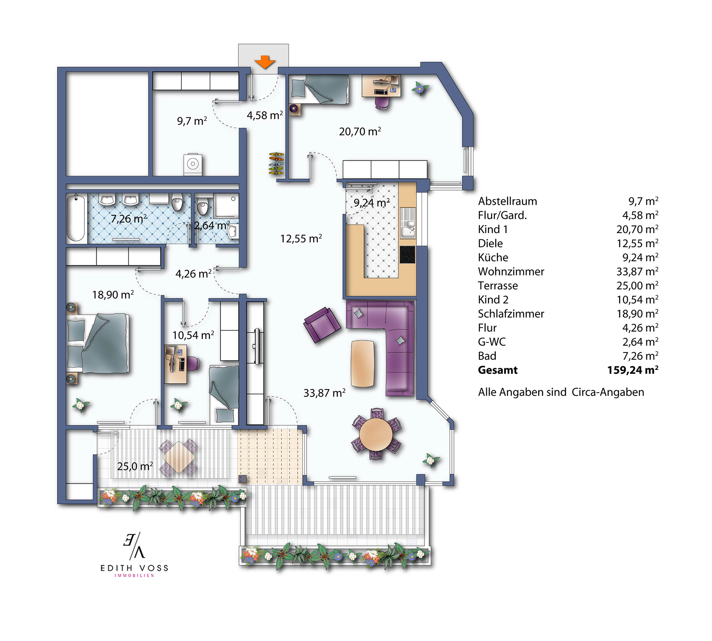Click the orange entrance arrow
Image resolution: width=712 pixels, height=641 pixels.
[x=265, y=62]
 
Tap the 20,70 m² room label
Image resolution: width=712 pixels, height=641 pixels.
[x=360, y=131]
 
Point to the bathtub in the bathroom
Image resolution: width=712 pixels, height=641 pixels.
[x=76, y=218]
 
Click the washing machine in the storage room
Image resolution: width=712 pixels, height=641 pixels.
[x=193, y=164]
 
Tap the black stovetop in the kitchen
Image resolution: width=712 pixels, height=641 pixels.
[x=408, y=254]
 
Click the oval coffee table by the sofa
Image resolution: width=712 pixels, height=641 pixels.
[x=363, y=363]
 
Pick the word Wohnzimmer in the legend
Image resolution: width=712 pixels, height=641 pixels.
[x=511, y=271]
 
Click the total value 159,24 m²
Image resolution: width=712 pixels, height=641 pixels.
[x=633, y=370]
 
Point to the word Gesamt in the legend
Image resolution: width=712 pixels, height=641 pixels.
[x=498, y=370]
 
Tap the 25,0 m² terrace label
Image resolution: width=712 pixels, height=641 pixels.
[x=135, y=466]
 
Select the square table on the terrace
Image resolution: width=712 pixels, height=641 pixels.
[x=179, y=457]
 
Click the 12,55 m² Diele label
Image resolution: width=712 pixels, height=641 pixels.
[x=301, y=238]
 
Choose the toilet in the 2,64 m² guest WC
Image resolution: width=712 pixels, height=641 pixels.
[x=203, y=206]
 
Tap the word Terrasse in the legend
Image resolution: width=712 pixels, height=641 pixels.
[x=498, y=286]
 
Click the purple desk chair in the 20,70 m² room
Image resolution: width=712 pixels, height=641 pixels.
[x=382, y=102]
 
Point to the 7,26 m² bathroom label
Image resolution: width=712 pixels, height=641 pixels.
[x=129, y=219]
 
